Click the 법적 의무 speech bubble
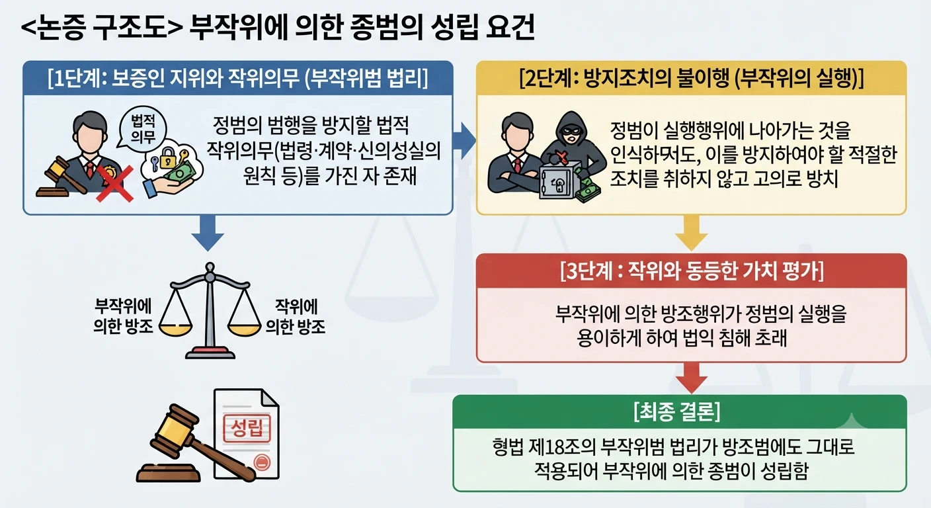pyautogui.click(x=143, y=128)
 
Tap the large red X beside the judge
pyautogui.click(x=114, y=184)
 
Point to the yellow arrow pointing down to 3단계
pyautogui.click(x=691, y=233)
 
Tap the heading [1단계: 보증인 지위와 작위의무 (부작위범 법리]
pyautogui.click(x=238, y=79)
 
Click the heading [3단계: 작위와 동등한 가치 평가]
pyautogui.click(x=692, y=271)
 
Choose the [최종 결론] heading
pyautogui.click(x=677, y=411)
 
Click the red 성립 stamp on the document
pyautogui.click(x=247, y=429)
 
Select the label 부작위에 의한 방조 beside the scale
pyautogui.click(x=123, y=316)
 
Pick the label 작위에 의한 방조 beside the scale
pyautogui.click(x=296, y=316)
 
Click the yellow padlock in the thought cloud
pyautogui.click(x=168, y=157)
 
